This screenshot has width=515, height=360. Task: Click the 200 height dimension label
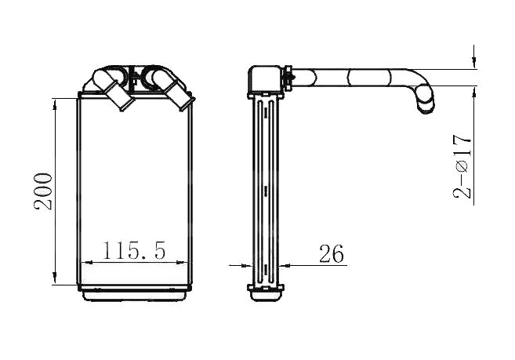43,191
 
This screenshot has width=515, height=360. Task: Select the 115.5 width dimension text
134,251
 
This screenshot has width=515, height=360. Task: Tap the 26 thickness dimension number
332,253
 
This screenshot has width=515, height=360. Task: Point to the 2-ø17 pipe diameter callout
462,166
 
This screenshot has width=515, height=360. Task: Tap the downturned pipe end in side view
426,100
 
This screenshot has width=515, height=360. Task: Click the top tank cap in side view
265,79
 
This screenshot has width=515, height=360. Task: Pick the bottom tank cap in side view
266,293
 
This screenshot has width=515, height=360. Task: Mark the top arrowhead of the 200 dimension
55,104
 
